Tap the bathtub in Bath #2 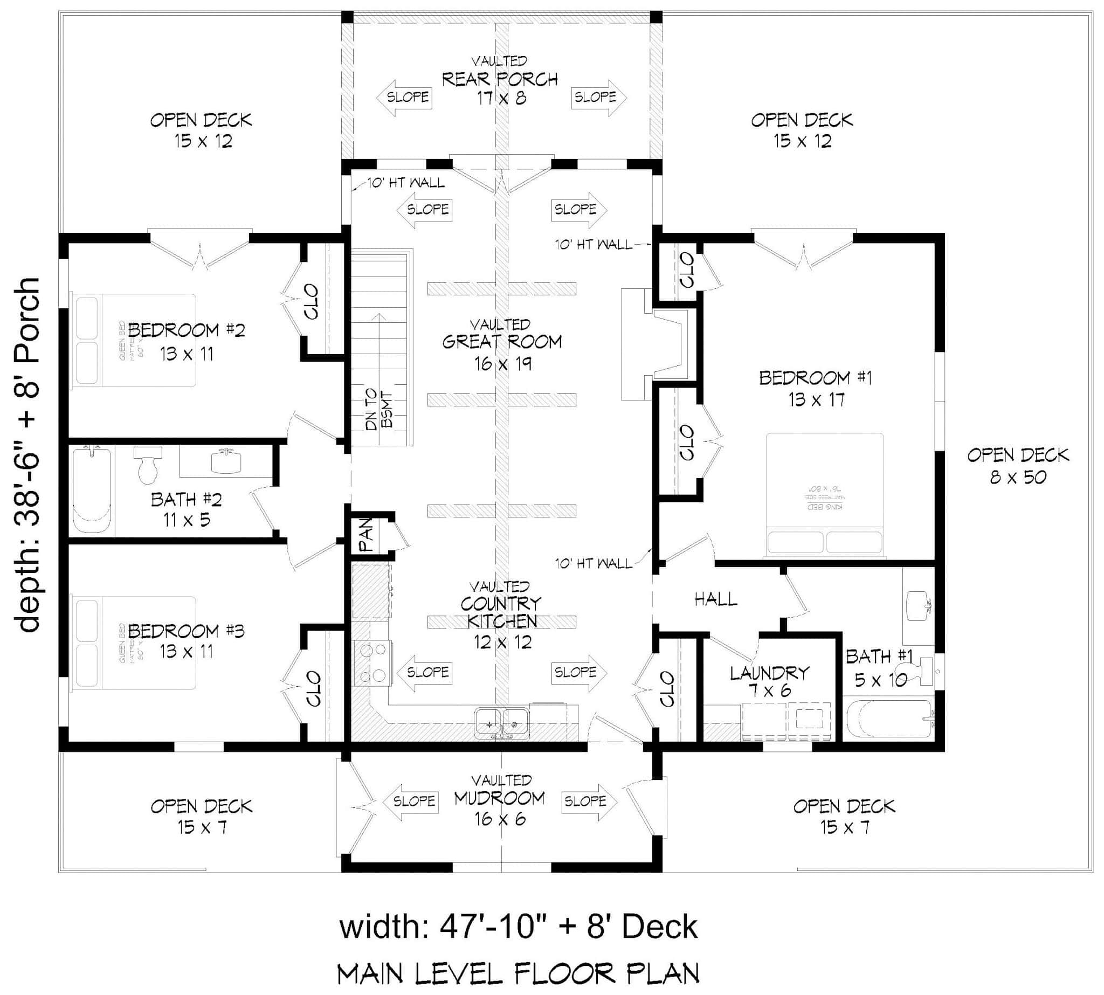(92, 490)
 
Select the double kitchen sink (501, 723)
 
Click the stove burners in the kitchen (372, 663)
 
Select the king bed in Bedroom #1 (824, 495)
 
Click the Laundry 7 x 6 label (769, 681)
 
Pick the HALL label (715, 600)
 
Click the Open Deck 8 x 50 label (1018, 466)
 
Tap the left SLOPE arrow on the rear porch (404, 98)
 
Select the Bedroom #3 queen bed (134, 642)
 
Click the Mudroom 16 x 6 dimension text (500, 819)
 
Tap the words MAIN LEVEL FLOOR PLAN (518, 973)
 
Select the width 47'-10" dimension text (518, 927)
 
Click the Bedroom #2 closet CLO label (311, 301)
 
